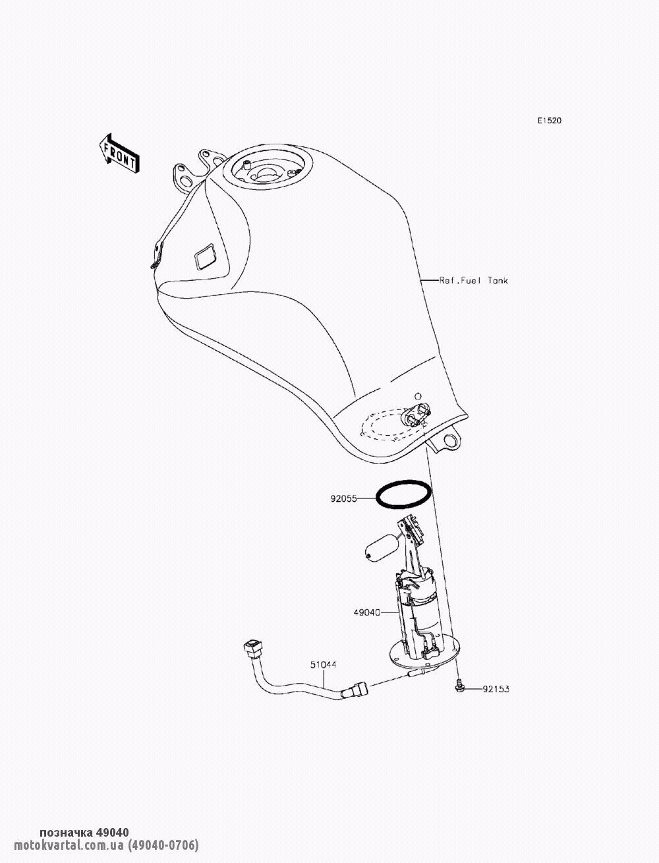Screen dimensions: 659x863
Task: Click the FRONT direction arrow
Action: tap(119, 154)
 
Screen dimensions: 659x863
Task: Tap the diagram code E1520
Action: tap(550, 121)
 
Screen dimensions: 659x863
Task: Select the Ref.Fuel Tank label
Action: tap(474, 280)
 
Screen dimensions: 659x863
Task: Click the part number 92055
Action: tap(343, 499)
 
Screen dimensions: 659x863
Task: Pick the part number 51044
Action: tap(324, 665)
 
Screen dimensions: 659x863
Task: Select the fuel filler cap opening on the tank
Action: tap(267, 172)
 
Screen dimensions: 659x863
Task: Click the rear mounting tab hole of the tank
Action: tap(449, 438)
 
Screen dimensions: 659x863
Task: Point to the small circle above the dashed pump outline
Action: tap(418, 396)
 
